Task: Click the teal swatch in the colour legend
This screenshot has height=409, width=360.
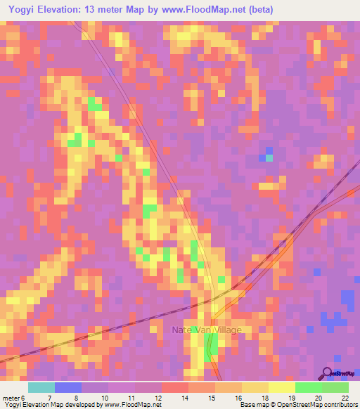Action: (x=41, y=387)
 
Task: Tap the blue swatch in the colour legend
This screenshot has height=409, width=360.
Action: (x=67, y=387)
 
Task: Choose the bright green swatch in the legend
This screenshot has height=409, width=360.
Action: (x=308, y=387)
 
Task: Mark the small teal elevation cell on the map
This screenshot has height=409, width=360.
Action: (x=269, y=157)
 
